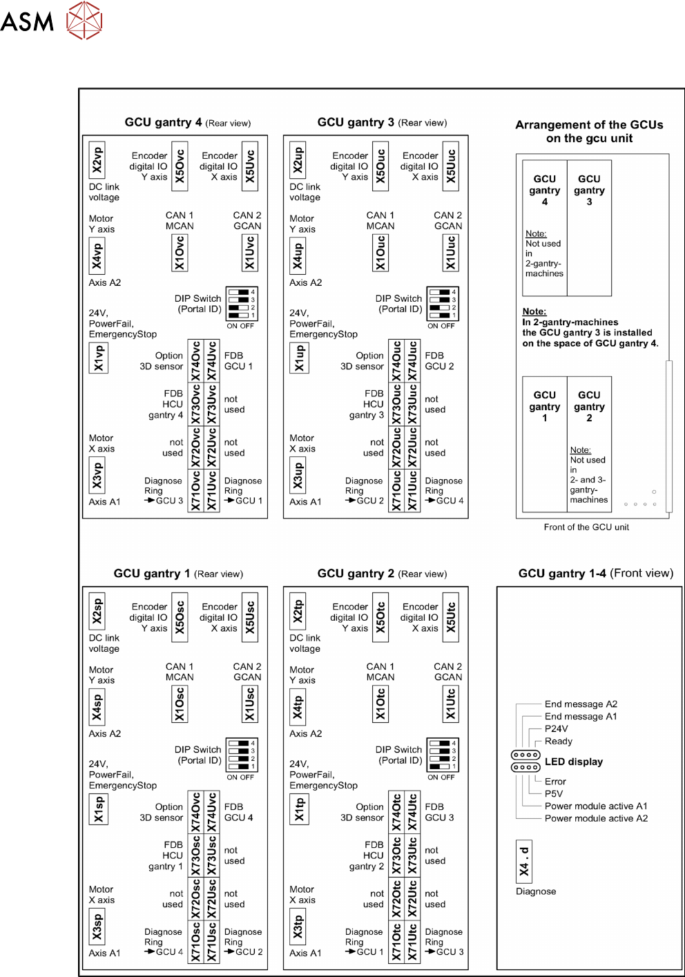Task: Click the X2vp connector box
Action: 97,159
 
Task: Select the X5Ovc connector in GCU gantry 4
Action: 180,166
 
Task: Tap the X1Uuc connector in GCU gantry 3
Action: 450,253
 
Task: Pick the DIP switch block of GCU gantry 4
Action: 242,304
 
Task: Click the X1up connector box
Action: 299,358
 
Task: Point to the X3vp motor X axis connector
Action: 97,475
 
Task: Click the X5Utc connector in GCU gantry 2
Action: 450,617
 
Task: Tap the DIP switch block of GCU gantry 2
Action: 442,755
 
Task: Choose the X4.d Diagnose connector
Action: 524,862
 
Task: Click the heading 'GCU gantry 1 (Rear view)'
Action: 178,574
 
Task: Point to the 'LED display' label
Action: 574,762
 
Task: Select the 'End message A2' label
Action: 581,704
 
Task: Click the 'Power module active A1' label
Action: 596,806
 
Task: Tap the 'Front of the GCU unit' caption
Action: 586,527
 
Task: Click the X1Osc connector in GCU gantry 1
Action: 180,704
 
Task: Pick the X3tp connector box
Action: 298,927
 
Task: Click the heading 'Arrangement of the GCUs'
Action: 589,125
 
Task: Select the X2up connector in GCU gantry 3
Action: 298,159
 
